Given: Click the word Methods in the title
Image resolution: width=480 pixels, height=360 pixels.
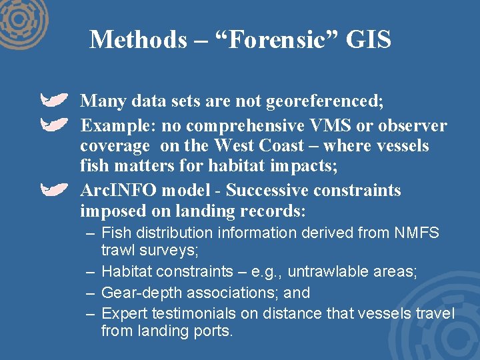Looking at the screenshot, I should [x=139, y=40].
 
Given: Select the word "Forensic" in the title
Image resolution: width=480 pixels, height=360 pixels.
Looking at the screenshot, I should [x=274, y=40].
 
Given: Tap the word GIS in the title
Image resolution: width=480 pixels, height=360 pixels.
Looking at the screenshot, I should [x=367, y=40].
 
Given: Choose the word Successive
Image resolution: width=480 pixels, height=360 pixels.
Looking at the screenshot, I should [x=270, y=190].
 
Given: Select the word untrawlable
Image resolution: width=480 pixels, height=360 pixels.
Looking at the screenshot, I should [x=311, y=271].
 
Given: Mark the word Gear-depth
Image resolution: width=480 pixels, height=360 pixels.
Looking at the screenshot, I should [x=141, y=293].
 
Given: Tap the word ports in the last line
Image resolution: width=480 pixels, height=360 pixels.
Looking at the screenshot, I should [x=213, y=331].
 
